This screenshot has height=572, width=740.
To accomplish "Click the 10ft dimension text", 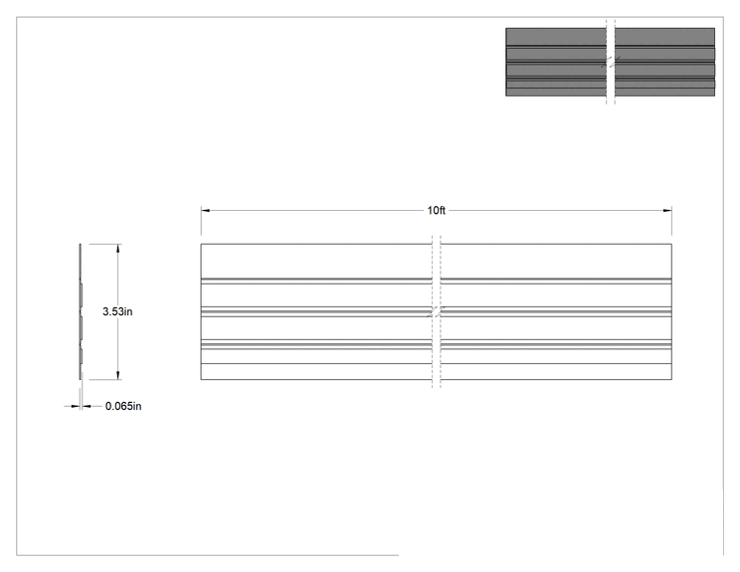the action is (x=436, y=211).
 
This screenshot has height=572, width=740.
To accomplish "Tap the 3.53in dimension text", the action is (x=117, y=311).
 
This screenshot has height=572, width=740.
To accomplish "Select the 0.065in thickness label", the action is (x=123, y=406).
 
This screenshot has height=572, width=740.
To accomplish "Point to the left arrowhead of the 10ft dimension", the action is (x=205, y=211).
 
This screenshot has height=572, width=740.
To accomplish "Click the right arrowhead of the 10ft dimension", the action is (x=667, y=211).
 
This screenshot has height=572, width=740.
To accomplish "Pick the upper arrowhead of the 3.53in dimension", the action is (x=118, y=249).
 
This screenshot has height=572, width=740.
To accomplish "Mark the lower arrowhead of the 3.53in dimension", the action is (x=118, y=375).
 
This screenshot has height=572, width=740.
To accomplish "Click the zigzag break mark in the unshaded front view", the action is (x=437, y=311).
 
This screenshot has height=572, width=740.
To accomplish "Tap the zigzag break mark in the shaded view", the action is (x=611, y=62).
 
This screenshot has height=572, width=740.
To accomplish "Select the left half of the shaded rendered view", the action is (x=556, y=62).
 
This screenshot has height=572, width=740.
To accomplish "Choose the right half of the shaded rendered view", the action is (x=664, y=62).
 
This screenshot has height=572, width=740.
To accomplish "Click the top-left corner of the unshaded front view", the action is (x=201, y=244).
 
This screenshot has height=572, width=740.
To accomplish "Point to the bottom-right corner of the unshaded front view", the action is (x=671, y=379).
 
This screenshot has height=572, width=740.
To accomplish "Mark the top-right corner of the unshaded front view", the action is (x=671, y=244).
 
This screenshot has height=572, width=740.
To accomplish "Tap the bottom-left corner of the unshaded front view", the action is (x=201, y=379).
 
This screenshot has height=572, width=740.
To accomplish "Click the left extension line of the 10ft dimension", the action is (x=201, y=221).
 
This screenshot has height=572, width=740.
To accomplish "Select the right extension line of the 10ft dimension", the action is (x=671, y=221).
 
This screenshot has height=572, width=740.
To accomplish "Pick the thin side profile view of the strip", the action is (x=81, y=311).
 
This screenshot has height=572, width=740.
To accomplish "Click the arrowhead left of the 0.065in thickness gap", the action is (x=75, y=406).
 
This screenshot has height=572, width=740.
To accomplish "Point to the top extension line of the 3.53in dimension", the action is (x=105, y=244).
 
